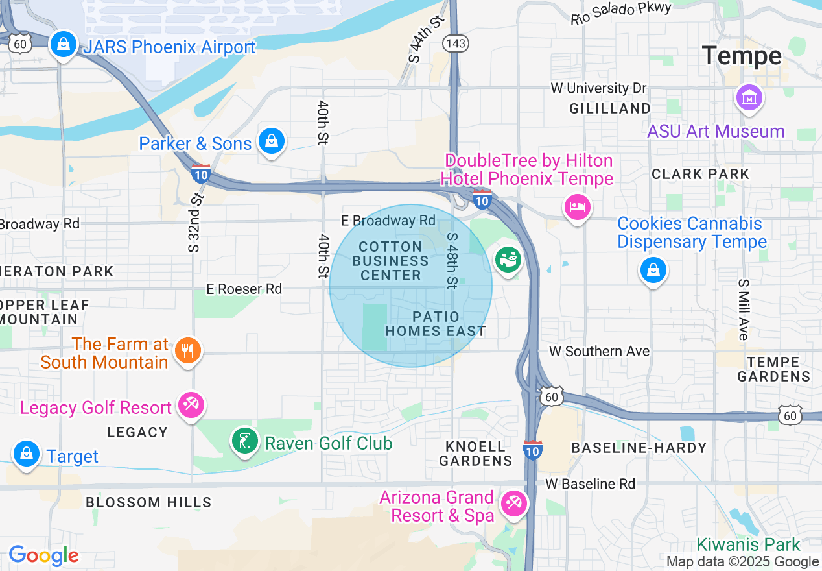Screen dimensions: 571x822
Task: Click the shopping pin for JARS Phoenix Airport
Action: (x=64, y=45)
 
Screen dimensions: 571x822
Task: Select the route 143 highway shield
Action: (x=456, y=43)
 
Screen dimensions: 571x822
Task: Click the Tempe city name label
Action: (x=742, y=56)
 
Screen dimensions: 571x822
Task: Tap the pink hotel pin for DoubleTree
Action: (x=576, y=208)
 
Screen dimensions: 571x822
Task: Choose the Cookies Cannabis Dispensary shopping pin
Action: (x=653, y=270)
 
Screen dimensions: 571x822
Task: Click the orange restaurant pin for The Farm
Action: (x=187, y=351)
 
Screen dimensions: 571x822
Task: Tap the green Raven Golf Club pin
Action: (x=244, y=442)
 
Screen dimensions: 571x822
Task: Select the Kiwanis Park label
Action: (x=748, y=544)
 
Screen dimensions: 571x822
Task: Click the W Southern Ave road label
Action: (x=599, y=351)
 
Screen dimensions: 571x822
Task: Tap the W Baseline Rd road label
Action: (x=590, y=483)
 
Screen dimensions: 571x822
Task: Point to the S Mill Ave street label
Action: (x=744, y=310)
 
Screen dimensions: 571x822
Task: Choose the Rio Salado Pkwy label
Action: (x=621, y=12)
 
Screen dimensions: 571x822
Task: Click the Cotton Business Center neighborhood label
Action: (x=390, y=261)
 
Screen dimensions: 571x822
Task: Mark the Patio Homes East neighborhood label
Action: (x=435, y=324)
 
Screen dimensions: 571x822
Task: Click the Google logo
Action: (x=43, y=555)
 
